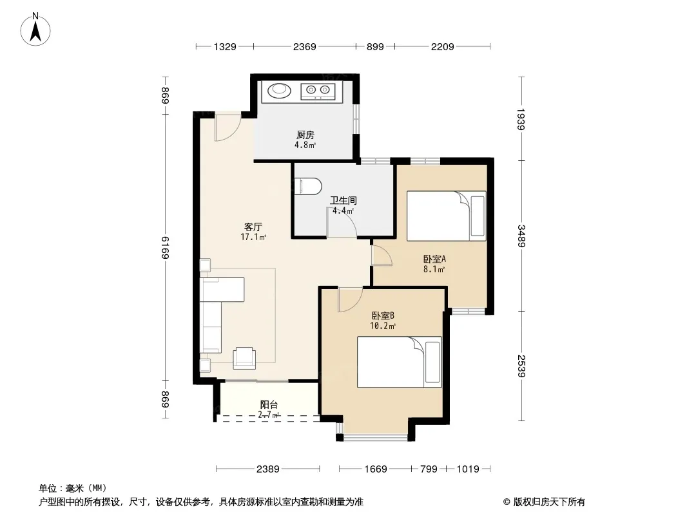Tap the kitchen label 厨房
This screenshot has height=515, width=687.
[x=305, y=135]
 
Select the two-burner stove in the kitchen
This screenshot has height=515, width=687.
[x=318, y=91]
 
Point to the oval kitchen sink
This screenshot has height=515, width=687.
[x=279, y=91]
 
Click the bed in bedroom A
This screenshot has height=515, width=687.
[x=447, y=216]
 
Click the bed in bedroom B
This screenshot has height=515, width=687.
[x=399, y=362]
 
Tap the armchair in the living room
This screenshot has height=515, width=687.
[x=244, y=357]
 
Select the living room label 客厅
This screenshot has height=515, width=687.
[x=253, y=227]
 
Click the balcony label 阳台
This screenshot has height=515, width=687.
[x=269, y=405]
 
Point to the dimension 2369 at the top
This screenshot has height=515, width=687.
[x=304, y=46]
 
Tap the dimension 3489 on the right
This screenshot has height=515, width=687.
[x=521, y=236]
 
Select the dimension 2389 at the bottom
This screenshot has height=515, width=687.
[x=267, y=469]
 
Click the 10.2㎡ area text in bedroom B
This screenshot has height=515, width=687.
[x=383, y=326]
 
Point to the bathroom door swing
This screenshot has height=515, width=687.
[x=342, y=223]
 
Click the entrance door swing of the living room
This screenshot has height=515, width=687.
[x=227, y=127]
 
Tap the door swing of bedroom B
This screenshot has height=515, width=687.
[x=350, y=300]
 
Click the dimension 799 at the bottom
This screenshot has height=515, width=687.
[x=429, y=469]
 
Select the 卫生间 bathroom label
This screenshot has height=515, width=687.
[x=343, y=200]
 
